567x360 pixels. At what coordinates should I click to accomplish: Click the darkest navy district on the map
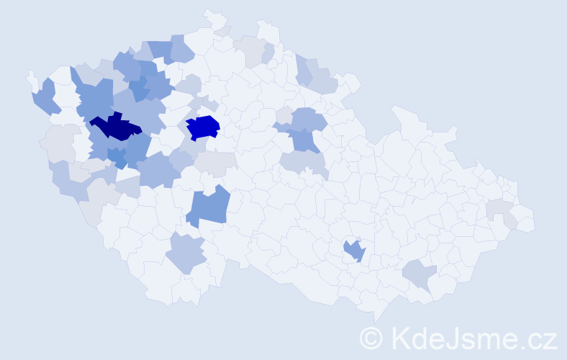coord(115,127)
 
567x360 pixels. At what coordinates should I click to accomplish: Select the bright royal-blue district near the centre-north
coord(203,127)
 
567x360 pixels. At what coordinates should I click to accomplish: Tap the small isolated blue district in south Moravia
coord(355,251)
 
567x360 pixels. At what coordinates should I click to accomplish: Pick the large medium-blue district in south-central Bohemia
coord(209,207)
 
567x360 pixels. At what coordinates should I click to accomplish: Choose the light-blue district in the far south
coord(186,254)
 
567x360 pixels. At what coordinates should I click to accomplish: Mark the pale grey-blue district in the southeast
coord(420,274)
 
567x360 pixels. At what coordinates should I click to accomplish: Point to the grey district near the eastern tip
coord(498,210)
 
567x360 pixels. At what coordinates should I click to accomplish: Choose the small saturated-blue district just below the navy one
coord(117,156)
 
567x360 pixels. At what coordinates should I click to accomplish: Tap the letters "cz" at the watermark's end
coord(541,338)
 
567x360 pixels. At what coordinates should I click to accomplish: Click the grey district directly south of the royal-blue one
coord(214,163)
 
